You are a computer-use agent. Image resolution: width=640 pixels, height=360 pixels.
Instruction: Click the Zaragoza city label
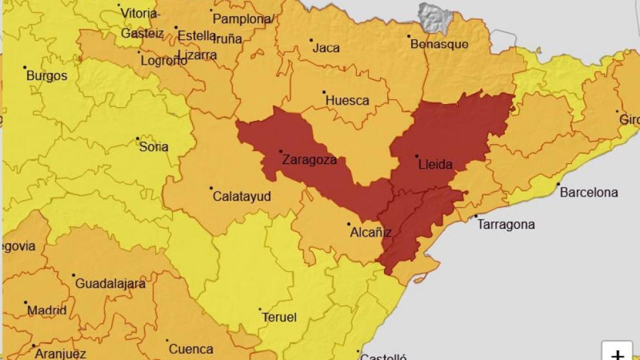pos(309,160)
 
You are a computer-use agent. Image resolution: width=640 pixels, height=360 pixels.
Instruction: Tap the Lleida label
pos(435,164)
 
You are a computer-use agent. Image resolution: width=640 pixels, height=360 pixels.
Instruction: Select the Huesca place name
pos(347,100)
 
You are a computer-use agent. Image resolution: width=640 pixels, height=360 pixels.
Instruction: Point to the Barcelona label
pos(589,192)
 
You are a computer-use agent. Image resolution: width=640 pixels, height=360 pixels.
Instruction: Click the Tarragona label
pos(506,225)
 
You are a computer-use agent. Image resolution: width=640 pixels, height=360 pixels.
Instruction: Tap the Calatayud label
pos(242,196)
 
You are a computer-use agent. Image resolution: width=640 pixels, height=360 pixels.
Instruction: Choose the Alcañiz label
pos(371,232)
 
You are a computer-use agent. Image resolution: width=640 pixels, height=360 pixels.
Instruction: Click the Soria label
pos(153,147)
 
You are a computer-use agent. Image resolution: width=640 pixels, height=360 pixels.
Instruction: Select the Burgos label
pos(47,76)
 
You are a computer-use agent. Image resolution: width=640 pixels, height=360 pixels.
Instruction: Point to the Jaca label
pos(326,48)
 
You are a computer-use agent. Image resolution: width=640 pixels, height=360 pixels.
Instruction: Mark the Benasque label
pos(439,44)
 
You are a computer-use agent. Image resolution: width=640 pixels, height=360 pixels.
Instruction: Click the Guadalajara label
pos(110,283)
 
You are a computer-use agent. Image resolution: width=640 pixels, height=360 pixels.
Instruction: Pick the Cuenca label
pos(191,349)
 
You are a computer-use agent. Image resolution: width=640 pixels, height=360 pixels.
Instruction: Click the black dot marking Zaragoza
pos(281,151)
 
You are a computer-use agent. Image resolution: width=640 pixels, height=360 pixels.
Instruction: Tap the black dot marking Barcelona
pos(558,184)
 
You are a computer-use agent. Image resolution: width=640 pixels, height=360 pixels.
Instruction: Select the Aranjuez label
pos(60,354)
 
